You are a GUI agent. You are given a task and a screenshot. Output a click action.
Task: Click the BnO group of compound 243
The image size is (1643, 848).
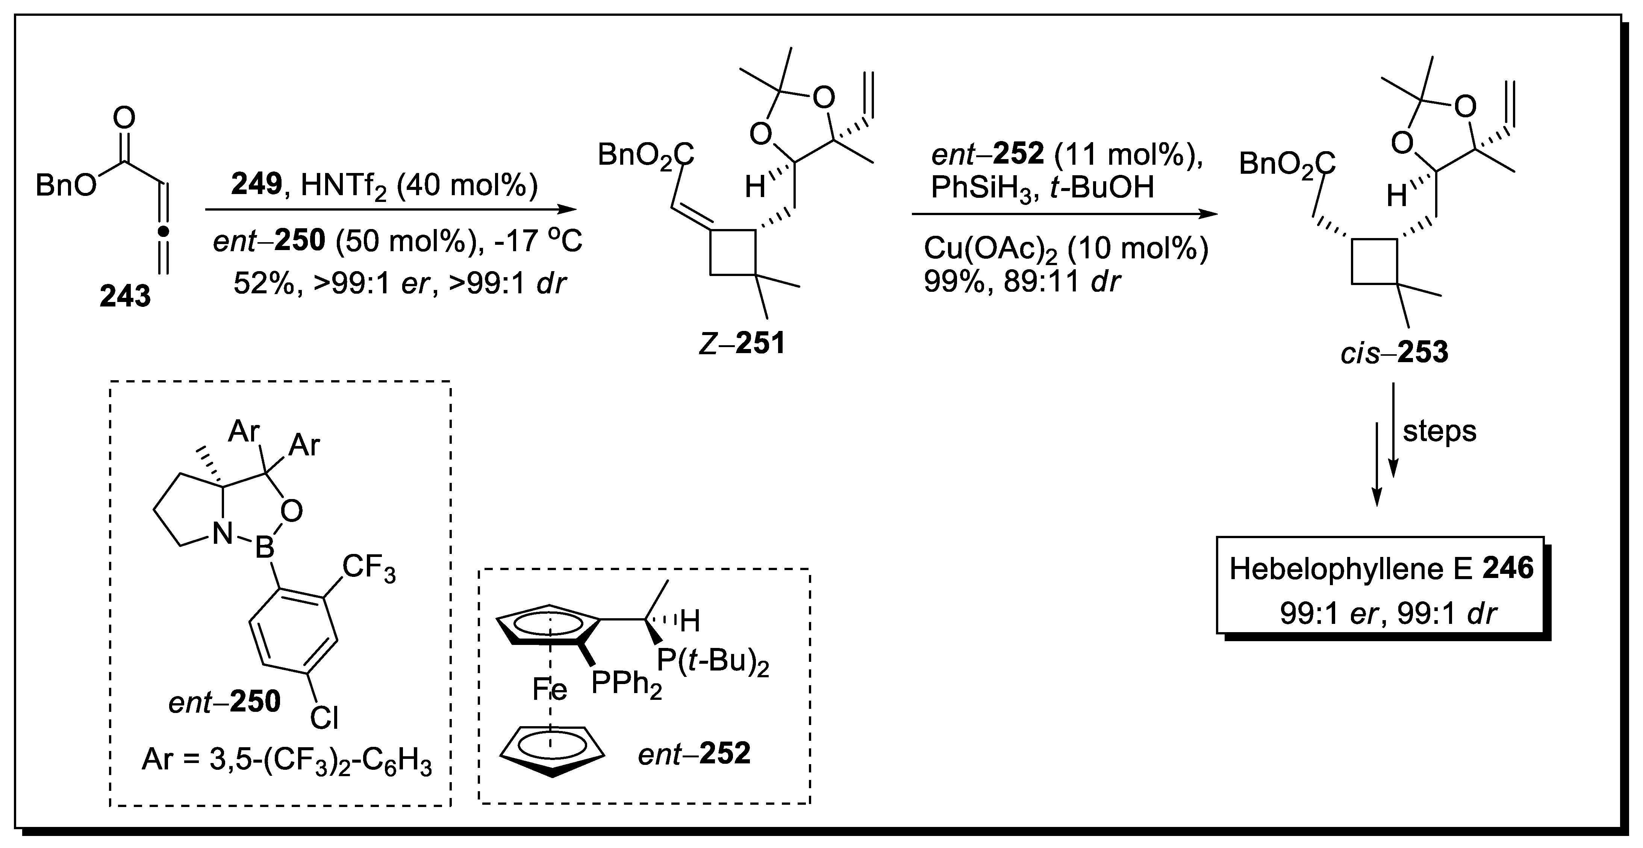[66, 186]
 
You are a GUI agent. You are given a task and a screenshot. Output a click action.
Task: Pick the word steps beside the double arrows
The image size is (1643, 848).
[1440, 431]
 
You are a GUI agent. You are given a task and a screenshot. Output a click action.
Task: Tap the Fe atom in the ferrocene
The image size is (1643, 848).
[550, 690]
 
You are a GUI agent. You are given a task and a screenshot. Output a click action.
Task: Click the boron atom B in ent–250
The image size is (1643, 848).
[264, 547]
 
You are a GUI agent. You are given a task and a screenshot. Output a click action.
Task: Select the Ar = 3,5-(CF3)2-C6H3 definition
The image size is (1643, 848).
[286, 761]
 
